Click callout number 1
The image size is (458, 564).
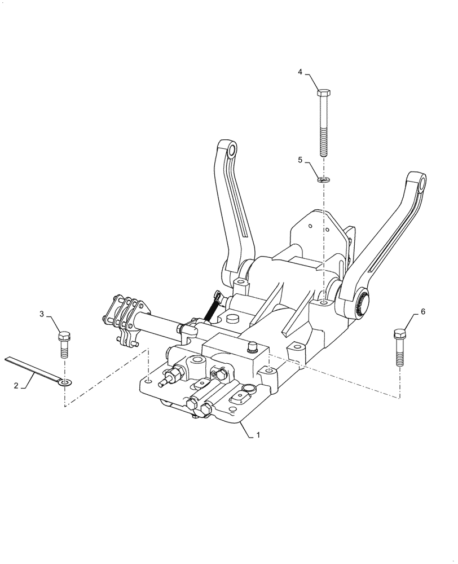(x=258, y=435)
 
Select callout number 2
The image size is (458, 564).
(x=16, y=386)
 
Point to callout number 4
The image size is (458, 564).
(x=300, y=72)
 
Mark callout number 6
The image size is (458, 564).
(x=423, y=311)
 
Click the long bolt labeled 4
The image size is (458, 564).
(x=324, y=124)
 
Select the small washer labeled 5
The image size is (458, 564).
(x=324, y=180)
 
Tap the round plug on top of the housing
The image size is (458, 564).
(x=232, y=320)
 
